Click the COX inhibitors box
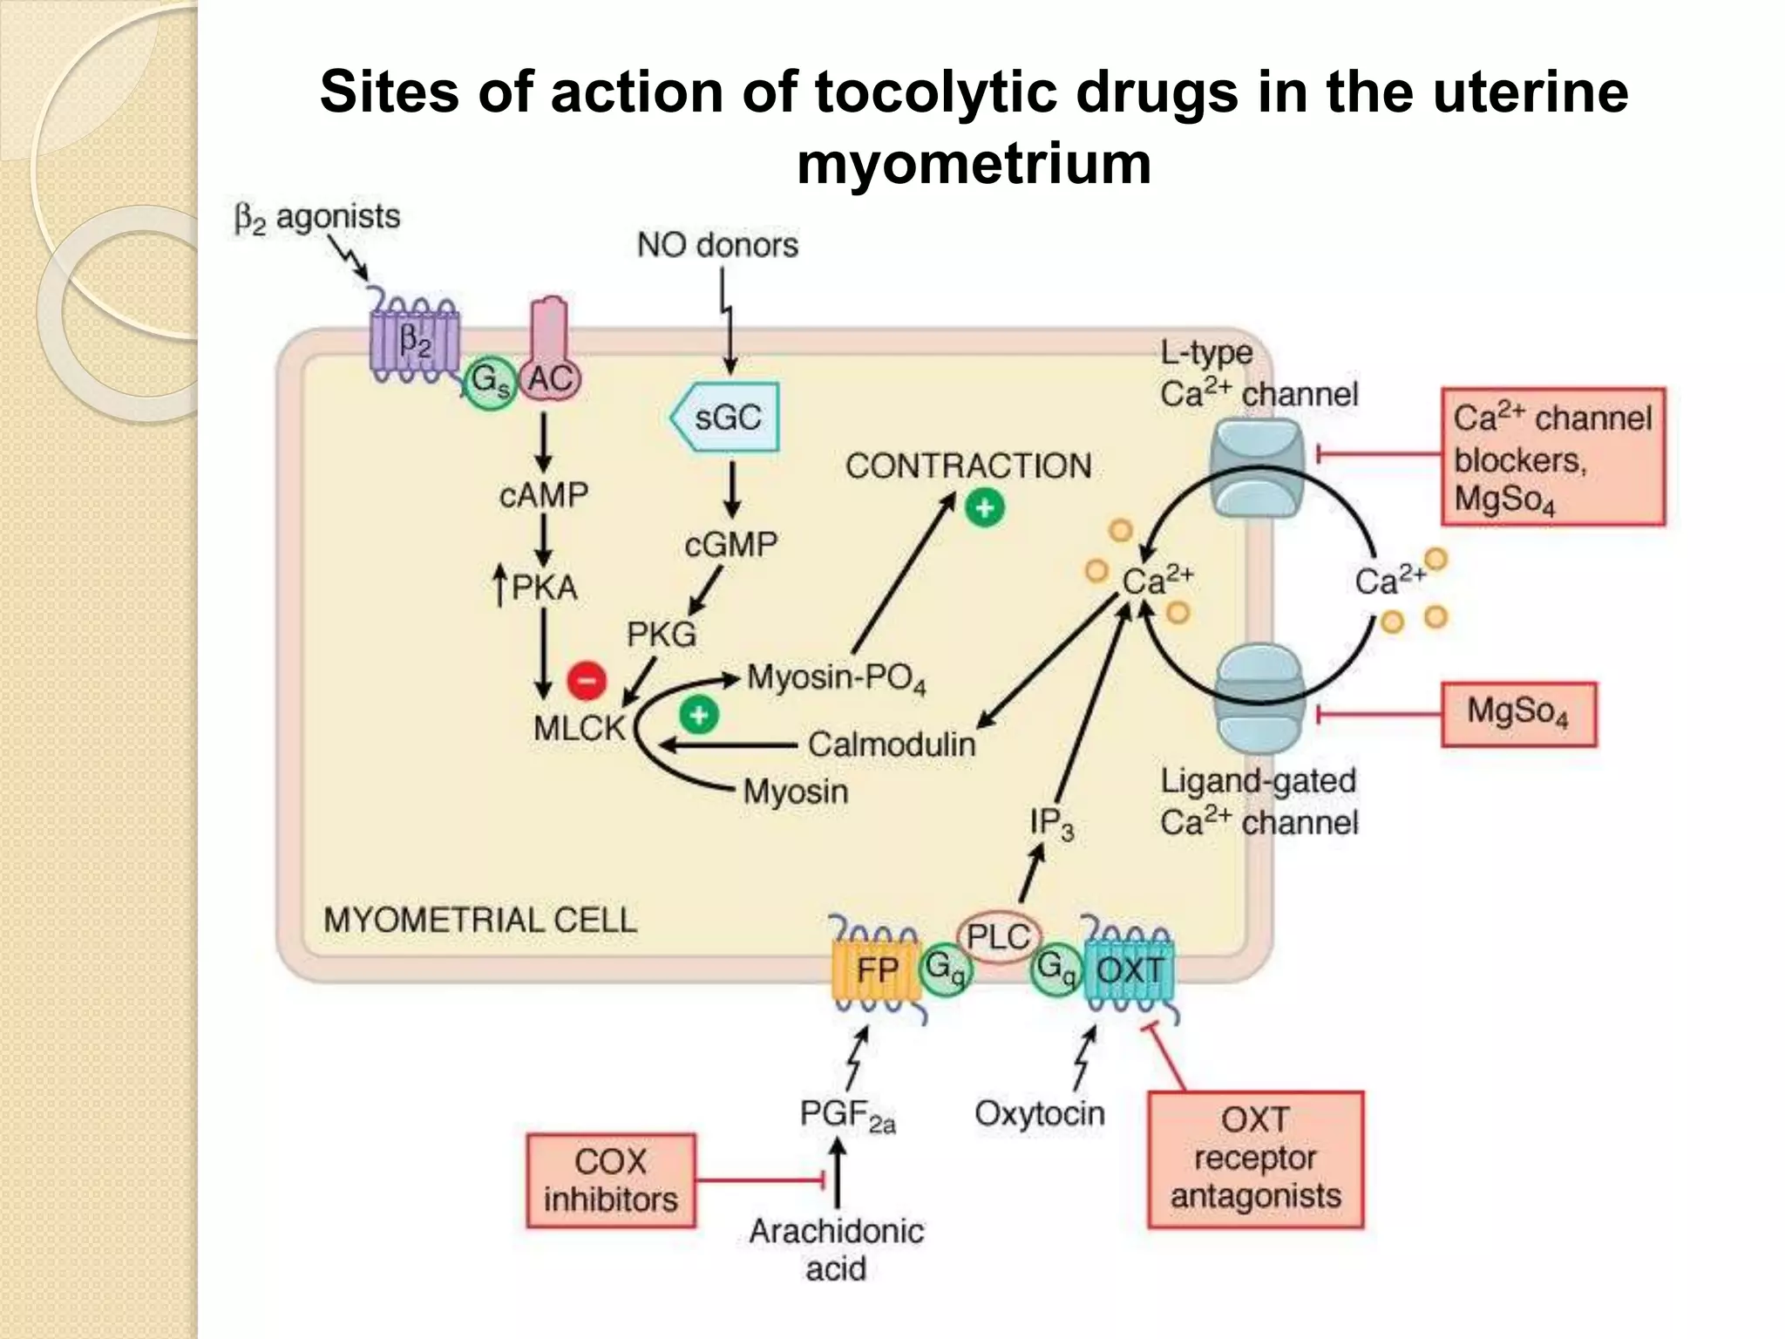[x=610, y=1180]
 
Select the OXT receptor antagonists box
[x=1255, y=1159]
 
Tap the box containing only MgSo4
[x=1518, y=714]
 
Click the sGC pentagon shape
[x=725, y=418]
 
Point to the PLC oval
[x=999, y=938]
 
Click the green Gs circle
[x=490, y=382]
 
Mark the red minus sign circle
[x=587, y=680]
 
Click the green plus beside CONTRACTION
[x=985, y=508]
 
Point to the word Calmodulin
[x=891, y=744]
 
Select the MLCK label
[x=580, y=728]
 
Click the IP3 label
[x=1051, y=823]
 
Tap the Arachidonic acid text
[x=836, y=1249]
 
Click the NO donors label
[x=717, y=245]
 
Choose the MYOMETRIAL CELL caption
[x=480, y=920]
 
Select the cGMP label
[x=730, y=545]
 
